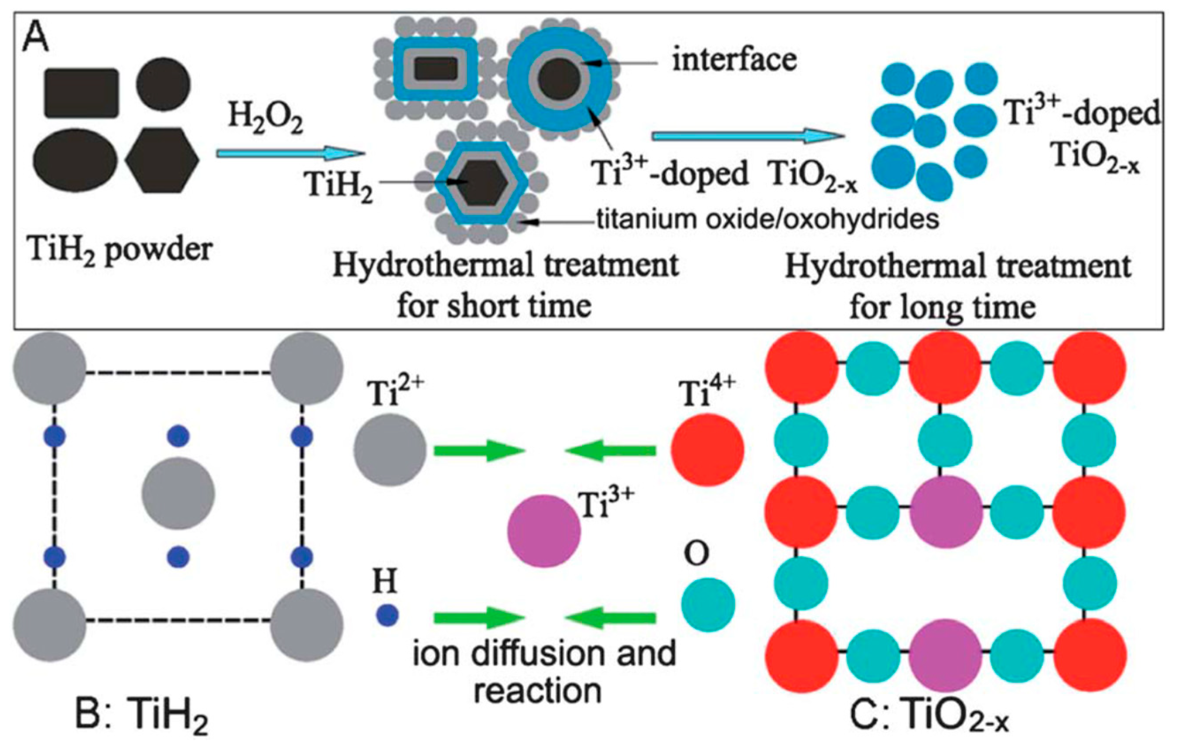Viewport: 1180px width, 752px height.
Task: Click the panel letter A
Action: pos(35,38)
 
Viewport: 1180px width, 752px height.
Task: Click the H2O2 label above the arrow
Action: pos(265,119)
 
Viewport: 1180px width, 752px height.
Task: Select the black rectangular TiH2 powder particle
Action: pos(81,93)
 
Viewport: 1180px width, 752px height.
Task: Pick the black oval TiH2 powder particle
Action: pos(76,160)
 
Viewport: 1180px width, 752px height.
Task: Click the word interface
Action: pos(734,60)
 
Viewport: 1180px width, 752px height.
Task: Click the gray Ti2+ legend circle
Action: pos(390,450)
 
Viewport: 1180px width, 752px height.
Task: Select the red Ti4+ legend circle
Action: pos(707,450)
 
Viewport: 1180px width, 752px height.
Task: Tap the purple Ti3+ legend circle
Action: pos(544,531)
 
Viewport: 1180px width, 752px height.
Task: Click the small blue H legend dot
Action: pos(387,615)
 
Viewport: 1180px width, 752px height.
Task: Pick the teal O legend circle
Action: pos(708,604)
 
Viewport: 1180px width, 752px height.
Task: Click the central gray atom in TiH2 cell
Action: pos(179,494)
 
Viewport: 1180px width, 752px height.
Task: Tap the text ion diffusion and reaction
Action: pos(544,671)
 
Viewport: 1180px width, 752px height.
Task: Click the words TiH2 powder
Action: pos(121,250)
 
